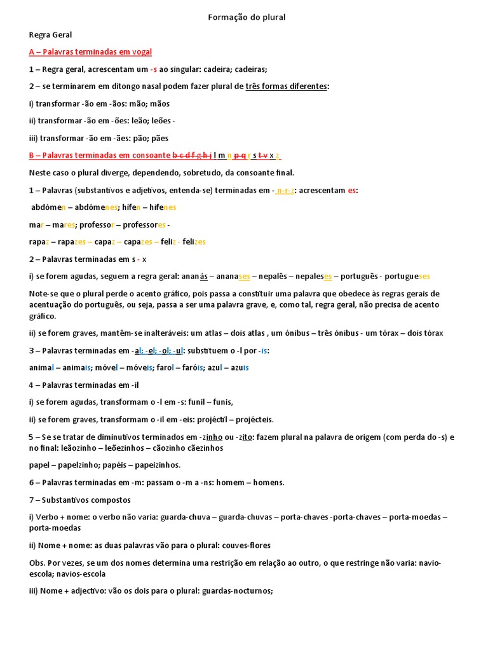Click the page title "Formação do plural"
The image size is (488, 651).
coord(247,17)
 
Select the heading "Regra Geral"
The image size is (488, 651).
coord(50,34)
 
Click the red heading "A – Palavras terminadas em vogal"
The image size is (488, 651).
coord(90,51)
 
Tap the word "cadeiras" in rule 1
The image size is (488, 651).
coord(250,69)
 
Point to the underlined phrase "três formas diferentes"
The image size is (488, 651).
coord(287,86)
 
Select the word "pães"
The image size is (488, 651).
coord(158,138)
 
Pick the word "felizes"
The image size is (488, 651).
coord(194,242)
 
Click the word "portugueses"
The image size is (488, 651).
coord(407,277)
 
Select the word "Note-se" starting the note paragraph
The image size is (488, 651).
coord(44,294)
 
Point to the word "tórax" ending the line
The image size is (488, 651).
coord(430,333)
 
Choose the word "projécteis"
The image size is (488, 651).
coord(254,420)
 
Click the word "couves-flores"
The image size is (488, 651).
coord(227,545)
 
